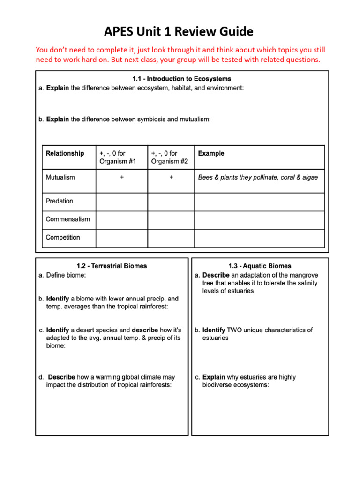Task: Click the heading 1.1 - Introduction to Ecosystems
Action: click(x=182, y=79)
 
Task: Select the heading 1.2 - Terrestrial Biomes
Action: click(x=112, y=266)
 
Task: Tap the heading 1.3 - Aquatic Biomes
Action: click(x=260, y=266)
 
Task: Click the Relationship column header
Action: click(x=65, y=153)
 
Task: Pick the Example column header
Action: click(x=211, y=153)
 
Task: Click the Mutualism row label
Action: click(x=60, y=177)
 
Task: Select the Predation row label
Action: click(x=59, y=201)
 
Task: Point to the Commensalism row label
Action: click(x=67, y=219)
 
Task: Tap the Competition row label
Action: click(x=63, y=238)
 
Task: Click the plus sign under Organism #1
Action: click(x=121, y=178)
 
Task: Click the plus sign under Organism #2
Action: click(x=171, y=178)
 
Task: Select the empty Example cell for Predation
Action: click(x=259, y=202)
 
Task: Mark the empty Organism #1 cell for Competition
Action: click(x=121, y=238)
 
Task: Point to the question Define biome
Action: click(x=66, y=276)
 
